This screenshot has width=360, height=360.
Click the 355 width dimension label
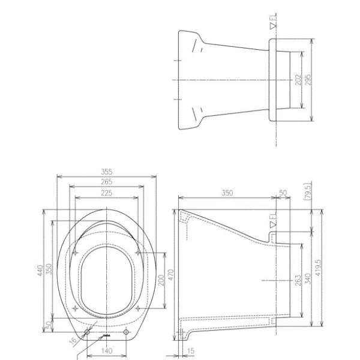(x=107, y=172)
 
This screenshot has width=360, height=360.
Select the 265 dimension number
(x=107, y=182)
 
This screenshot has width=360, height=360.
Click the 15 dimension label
(x=191, y=350)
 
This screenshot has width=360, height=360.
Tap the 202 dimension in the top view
(x=298, y=80)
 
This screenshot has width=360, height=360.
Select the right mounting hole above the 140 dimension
(x=127, y=332)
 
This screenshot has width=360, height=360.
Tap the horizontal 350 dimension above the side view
(x=227, y=193)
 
